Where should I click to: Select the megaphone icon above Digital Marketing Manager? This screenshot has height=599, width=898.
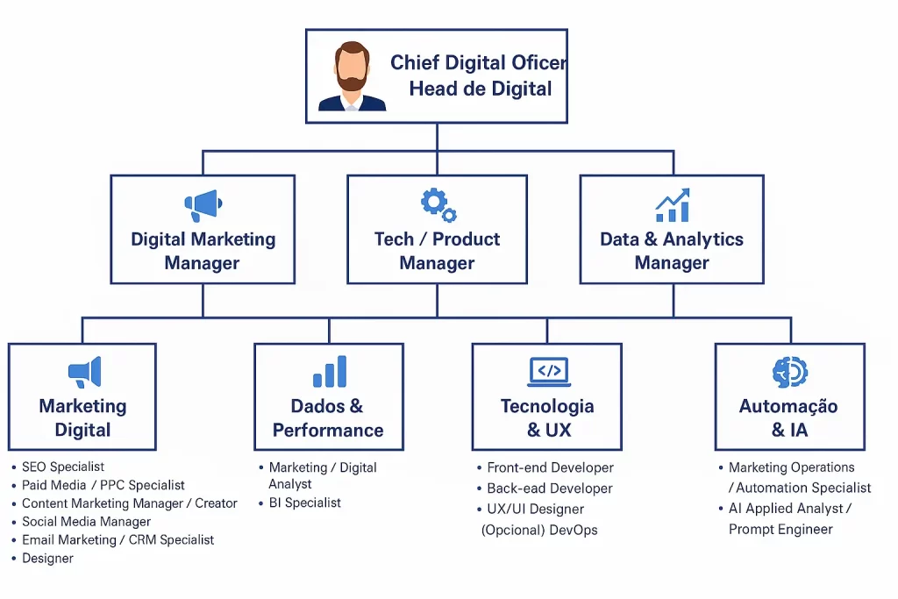pos(203,206)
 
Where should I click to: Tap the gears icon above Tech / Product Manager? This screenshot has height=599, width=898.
pos(438,204)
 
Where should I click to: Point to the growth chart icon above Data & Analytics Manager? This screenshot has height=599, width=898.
pos(673,205)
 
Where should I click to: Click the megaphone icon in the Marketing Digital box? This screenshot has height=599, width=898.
pos(84,373)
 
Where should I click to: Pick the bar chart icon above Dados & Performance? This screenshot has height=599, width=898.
pos(330,372)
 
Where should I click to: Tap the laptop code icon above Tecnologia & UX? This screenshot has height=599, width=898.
pos(549,372)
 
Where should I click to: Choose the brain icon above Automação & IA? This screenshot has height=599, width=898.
pos(790,372)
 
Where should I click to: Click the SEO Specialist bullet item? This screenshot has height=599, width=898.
pos(63,467)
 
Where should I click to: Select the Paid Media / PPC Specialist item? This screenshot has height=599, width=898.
pos(103,485)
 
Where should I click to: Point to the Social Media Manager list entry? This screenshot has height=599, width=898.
pos(86,522)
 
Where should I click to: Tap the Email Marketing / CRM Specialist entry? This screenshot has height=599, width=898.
pos(118,540)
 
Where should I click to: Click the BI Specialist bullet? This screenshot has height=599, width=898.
pos(304,503)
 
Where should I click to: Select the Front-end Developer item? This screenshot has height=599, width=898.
pos(550,467)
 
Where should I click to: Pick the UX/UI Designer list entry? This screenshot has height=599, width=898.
pos(535,509)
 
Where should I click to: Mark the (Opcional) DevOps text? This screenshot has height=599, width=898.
pos(539,530)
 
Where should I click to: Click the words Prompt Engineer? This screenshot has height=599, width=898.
pos(780,529)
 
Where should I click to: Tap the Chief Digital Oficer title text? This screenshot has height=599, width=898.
pos(478,63)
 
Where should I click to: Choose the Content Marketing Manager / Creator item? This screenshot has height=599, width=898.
pos(129,503)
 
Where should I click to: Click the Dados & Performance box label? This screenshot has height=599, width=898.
pos(328,418)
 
